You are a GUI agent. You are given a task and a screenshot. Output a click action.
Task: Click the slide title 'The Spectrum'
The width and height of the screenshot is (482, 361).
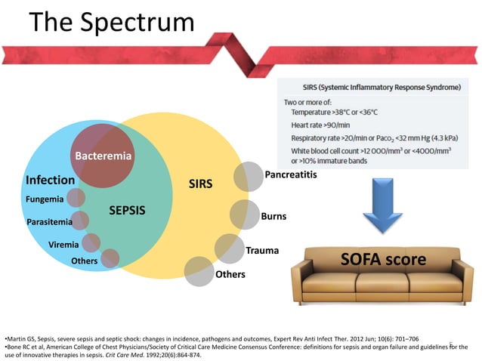[112, 23]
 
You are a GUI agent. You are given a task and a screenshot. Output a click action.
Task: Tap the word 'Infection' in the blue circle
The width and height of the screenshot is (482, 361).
[50, 180]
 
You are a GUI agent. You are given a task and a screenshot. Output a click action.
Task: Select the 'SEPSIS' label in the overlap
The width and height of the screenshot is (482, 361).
[127, 209]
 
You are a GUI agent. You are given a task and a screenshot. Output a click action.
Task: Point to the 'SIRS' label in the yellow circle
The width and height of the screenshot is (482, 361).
[200, 184]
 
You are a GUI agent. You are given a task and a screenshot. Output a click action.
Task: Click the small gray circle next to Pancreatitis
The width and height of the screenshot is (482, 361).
[248, 176]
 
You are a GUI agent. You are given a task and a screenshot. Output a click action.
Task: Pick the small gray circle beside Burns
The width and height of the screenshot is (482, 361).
[244, 214]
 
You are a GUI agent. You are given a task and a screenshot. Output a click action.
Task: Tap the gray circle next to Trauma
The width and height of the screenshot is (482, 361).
[228, 248]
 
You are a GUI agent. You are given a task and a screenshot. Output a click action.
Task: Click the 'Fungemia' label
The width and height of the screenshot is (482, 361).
[45, 199]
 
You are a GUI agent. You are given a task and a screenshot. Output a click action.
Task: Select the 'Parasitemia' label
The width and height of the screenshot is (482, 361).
[49, 224]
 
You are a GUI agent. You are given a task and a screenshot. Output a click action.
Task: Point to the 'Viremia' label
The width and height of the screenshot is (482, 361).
[63, 245]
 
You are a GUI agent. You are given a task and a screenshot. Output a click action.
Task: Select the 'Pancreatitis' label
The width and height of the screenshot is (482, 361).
[290, 175]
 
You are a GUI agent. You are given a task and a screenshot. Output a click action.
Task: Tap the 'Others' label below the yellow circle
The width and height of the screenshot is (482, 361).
[230, 274]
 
